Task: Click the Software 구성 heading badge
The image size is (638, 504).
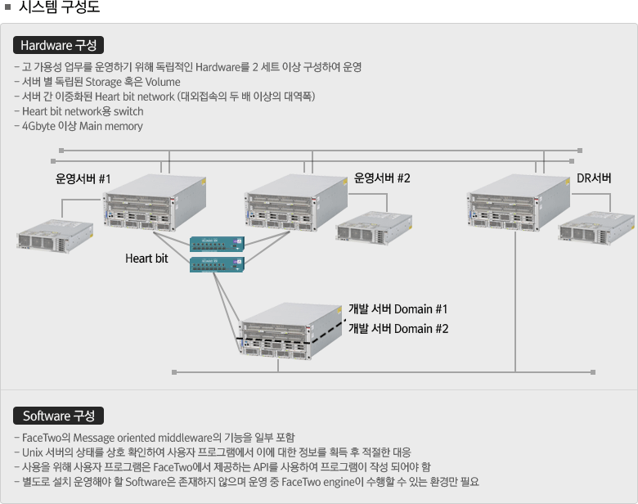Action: [x=58, y=416]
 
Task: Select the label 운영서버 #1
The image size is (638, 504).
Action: [x=83, y=178]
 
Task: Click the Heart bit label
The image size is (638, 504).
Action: [x=146, y=259]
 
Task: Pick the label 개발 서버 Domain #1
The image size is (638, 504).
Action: [x=398, y=309]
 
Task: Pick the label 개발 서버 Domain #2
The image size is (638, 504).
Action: [x=398, y=329]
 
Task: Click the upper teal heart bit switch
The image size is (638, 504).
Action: [x=217, y=243]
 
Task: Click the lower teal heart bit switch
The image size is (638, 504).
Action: [x=217, y=263]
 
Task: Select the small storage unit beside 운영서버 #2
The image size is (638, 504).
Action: [x=374, y=227]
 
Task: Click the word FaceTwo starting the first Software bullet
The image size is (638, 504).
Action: [x=40, y=437]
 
